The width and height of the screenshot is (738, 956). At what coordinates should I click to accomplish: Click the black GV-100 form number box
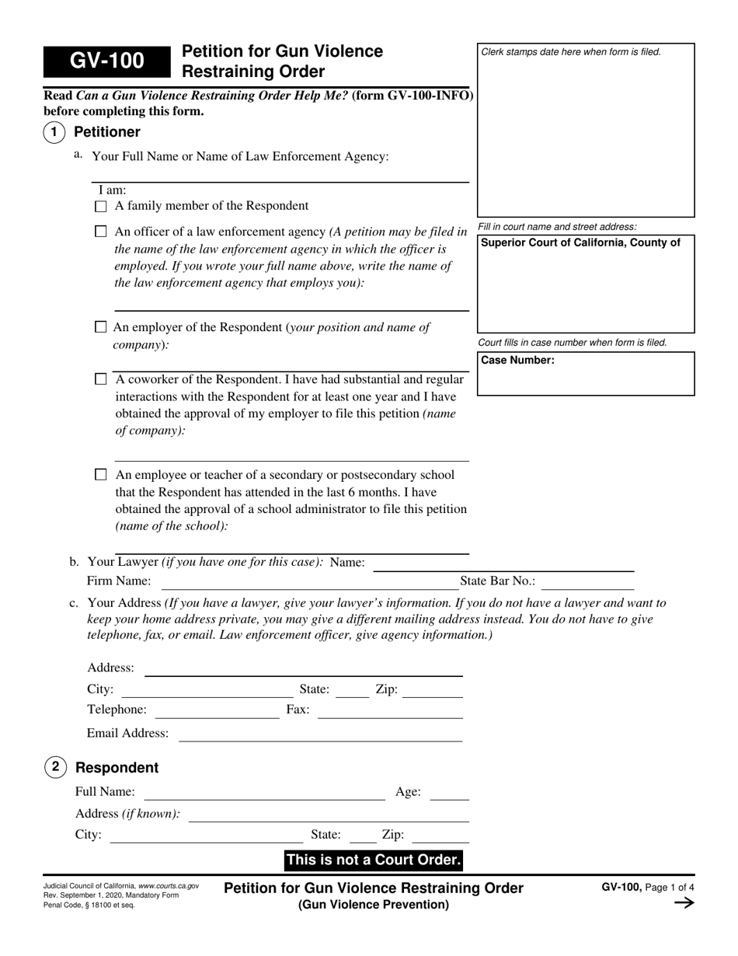[x=106, y=61]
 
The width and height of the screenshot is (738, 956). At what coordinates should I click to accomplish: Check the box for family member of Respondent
[x=100, y=207]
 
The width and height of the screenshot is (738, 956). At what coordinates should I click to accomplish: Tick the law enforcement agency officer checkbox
[x=100, y=232]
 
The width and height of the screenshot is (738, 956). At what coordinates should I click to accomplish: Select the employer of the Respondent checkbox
[x=100, y=327]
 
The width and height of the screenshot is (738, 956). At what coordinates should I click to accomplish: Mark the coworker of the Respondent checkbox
[x=100, y=379]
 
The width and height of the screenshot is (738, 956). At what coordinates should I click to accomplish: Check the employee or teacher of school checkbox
[x=100, y=474]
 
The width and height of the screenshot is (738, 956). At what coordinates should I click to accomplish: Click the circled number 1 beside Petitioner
[x=54, y=132]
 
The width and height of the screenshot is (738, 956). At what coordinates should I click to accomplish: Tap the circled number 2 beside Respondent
[x=55, y=767]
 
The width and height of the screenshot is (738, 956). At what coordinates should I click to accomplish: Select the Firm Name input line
[x=309, y=583]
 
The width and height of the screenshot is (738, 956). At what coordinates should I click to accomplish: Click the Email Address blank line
[x=320, y=735]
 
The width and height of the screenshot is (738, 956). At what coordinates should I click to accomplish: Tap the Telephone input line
[x=217, y=712]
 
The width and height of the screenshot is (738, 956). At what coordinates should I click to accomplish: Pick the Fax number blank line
[x=390, y=712]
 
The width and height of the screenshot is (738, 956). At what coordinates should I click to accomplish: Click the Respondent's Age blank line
[x=449, y=794]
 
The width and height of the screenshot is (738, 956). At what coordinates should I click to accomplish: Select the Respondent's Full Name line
[x=264, y=794]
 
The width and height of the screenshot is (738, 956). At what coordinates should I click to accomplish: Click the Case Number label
[x=517, y=360]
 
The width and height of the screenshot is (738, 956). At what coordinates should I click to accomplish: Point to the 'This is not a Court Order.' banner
[x=374, y=860]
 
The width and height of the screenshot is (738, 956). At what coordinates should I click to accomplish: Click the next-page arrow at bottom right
[x=684, y=902]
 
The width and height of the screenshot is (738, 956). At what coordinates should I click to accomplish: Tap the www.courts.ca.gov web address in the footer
[x=169, y=886]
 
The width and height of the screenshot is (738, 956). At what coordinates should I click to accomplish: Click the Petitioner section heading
[x=107, y=132]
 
